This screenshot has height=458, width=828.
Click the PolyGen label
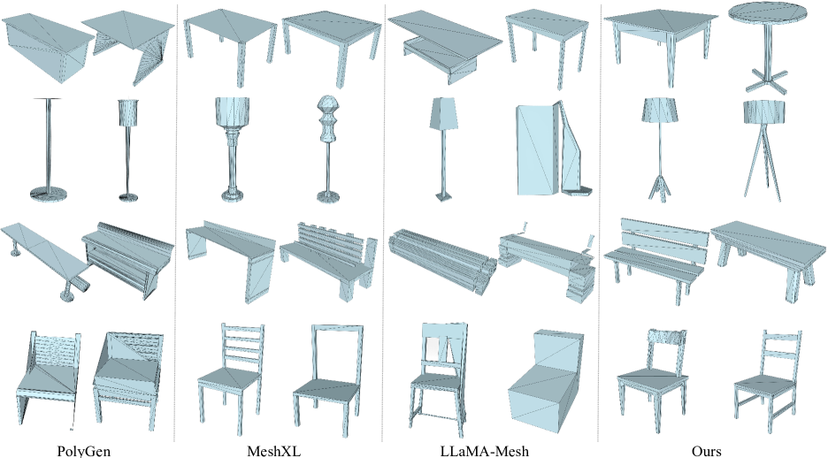tap(83, 451)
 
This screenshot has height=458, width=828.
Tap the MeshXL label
tap(273, 451)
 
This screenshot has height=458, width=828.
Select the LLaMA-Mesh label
tap(484, 451)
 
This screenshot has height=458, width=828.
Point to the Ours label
tap(706, 451)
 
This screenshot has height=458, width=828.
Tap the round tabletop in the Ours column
tap(769, 15)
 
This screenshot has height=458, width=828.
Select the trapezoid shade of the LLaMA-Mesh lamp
tap(442, 113)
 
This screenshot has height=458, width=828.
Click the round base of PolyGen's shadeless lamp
tap(48, 194)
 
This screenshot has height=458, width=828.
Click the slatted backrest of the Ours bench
tap(663, 238)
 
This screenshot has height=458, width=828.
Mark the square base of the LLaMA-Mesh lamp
tap(443, 196)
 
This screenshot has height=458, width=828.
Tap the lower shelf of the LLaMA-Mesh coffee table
tap(441, 59)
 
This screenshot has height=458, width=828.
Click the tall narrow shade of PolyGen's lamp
tap(128, 112)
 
